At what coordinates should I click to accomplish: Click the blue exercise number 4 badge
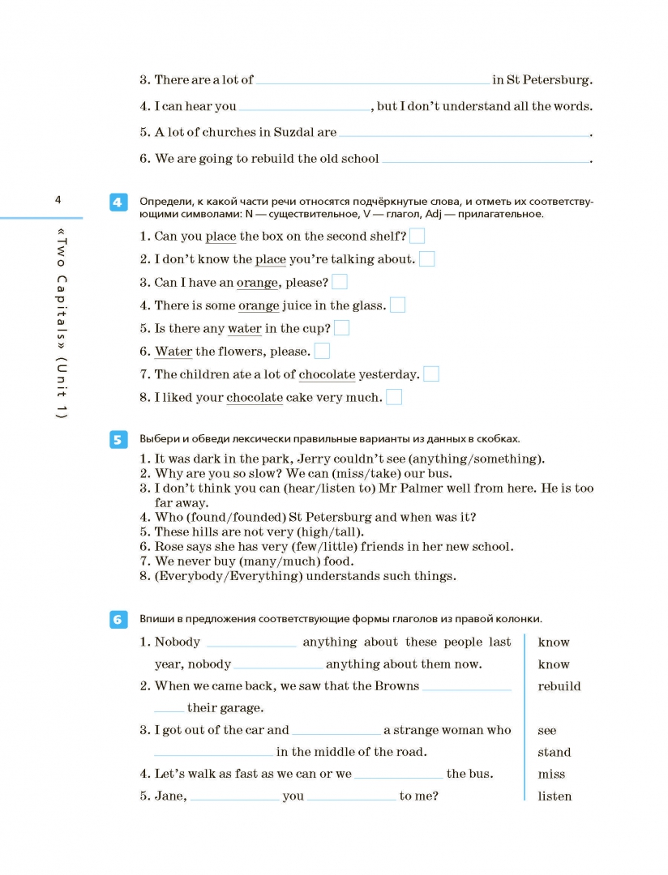pos(118,203)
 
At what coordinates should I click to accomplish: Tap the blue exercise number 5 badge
pos(118,439)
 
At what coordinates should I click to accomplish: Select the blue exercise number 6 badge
pos(118,620)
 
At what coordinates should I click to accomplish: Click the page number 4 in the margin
pos(58,200)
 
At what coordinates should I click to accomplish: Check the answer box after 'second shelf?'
pos(417,236)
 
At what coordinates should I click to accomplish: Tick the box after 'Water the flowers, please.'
pos(322,351)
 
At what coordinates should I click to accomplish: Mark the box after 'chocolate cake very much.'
pos(394,397)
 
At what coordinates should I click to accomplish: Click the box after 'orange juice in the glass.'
pos(397,305)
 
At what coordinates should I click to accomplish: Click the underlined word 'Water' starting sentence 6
pos(173,352)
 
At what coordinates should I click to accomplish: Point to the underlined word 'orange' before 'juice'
pos(259,305)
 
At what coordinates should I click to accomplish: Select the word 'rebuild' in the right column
pos(559,686)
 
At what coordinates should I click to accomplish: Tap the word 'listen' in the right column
pos(555,796)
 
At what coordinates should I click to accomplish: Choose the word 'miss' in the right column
pos(551,775)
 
